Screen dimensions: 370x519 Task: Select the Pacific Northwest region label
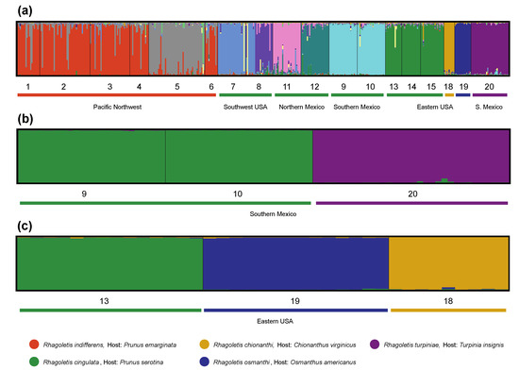pos(116,107)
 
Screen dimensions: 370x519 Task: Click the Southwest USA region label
pos(245,107)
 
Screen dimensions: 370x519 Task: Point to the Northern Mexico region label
pos(301,107)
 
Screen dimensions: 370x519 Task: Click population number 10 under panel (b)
pos(238,193)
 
